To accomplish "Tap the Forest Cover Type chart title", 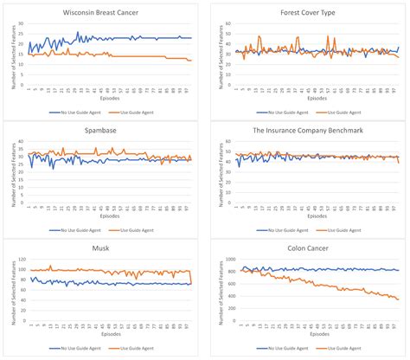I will (309, 13).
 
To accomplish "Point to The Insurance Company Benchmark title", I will (309, 132).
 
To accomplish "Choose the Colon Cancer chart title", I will (309, 249).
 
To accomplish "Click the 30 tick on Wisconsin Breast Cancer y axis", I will (22, 24).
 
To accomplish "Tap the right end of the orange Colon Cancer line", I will (398, 299).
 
